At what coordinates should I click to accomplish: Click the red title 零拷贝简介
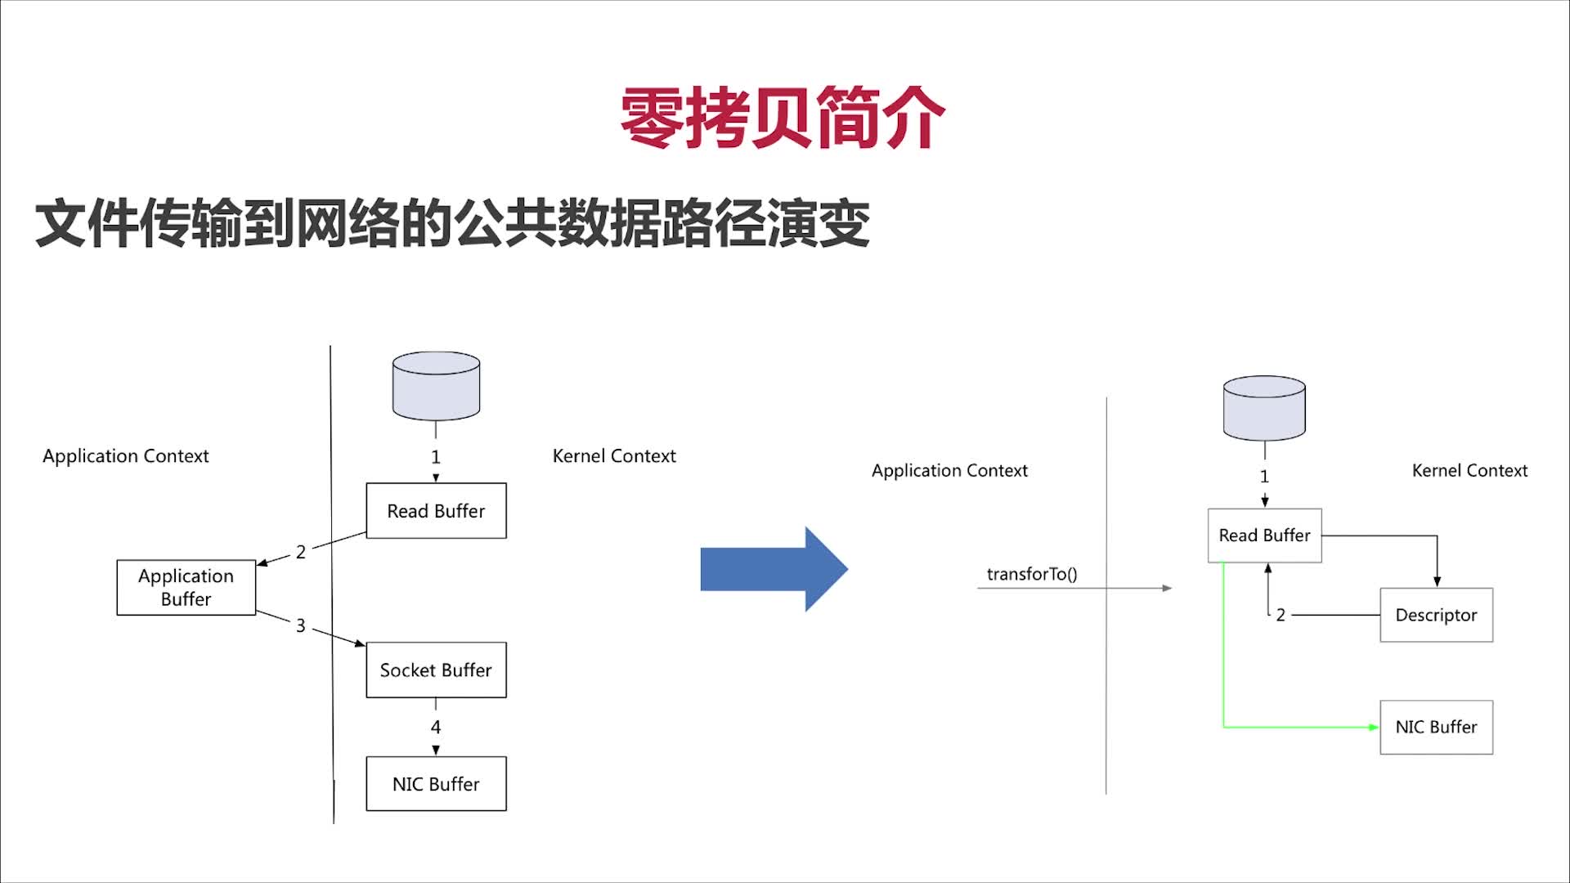coord(783,118)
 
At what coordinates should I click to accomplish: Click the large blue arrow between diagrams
coord(773,569)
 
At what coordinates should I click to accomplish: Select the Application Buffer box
coord(186,587)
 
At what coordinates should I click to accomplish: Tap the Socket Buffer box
coord(436,670)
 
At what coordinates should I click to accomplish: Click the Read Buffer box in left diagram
coord(436,510)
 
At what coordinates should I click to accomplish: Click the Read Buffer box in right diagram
coord(1264,535)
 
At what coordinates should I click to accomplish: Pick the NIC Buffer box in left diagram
coord(436,783)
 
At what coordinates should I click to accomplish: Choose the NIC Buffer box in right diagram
coord(1436,727)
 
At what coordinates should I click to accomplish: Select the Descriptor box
coord(1436,615)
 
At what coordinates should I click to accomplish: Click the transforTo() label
coord(1032,574)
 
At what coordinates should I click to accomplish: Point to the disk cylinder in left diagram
coord(436,386)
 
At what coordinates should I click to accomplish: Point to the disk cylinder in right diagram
coord(1264,408)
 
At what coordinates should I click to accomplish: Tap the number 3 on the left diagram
coord(300,625)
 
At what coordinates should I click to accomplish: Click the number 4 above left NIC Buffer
coord(436,727)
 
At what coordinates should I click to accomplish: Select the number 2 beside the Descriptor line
coord(1281,615)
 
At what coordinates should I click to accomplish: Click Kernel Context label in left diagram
coord(614,455)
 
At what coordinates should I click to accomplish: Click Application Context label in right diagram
coord(949,470)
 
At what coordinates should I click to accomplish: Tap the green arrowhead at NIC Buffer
coord(1374,727)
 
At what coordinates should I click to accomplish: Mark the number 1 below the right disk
coord(1264,476)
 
